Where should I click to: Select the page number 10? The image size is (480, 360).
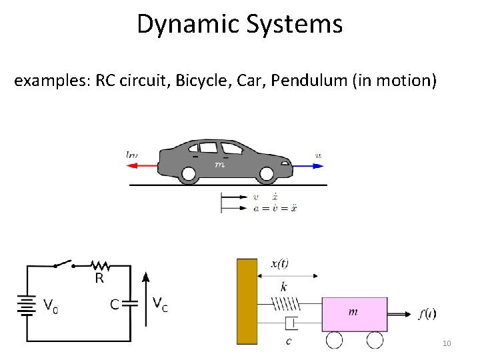coord(447,343)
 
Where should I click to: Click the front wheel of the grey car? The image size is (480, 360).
coord(267,175)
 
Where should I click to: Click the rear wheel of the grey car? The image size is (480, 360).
coord(189,175)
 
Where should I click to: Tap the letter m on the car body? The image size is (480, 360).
coord(219,164)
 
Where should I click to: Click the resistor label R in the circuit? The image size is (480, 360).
coord(99,279)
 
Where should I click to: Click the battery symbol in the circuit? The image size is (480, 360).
coord(27,306)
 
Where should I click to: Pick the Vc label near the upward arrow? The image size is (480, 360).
coord(160,305)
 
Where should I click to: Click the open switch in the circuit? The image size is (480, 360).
coord(64,264)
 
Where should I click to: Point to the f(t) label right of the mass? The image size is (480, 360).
coord(427,314)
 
